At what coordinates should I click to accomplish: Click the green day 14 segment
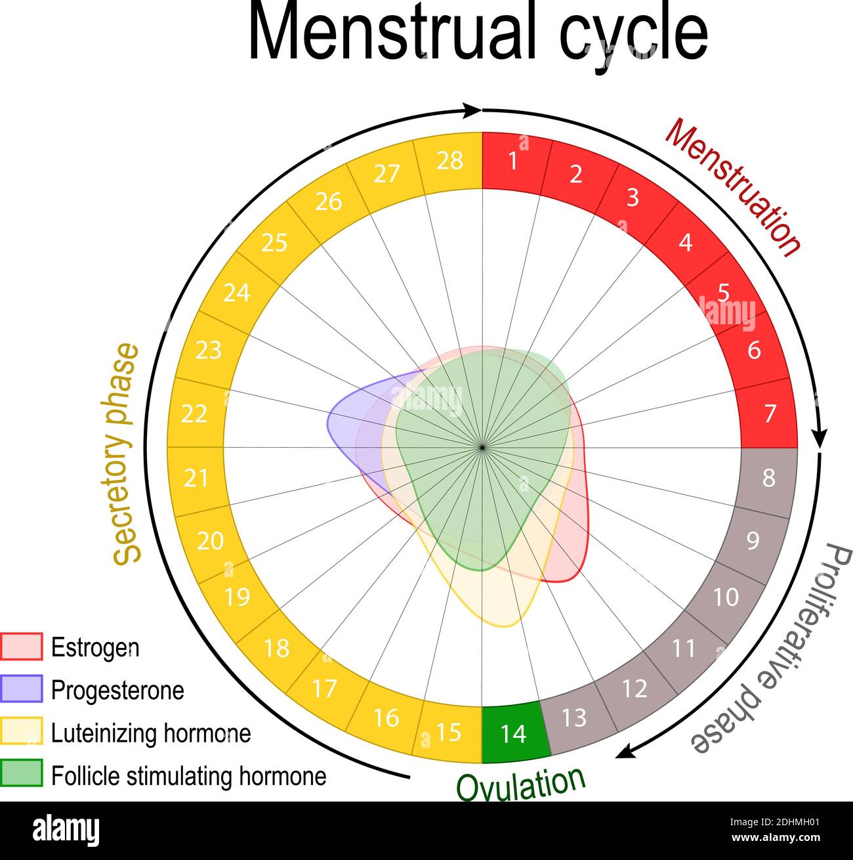tap(514, 733)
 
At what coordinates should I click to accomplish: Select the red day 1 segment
tap(514, 161)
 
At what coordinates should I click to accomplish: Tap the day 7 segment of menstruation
tap(769, 414)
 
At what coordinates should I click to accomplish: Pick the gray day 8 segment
tap(768, 479)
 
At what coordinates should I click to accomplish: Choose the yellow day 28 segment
tap(450, 161)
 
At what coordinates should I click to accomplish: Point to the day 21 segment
tap(196, 479)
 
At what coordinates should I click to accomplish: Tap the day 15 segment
tap(449, 732)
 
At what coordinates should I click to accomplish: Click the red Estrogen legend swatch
tap(22, 647)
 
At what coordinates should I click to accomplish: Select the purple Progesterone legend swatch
tap(22, 689)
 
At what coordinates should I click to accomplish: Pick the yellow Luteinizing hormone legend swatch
tap(22, 732)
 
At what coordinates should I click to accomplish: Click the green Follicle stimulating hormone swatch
tap(22, 775)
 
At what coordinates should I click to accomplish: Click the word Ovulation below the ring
tap(520, 783)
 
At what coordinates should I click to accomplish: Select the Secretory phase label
tap(126, 453)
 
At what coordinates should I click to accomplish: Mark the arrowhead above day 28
tap(472, 110)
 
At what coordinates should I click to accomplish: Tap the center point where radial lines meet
tap(482, 447)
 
